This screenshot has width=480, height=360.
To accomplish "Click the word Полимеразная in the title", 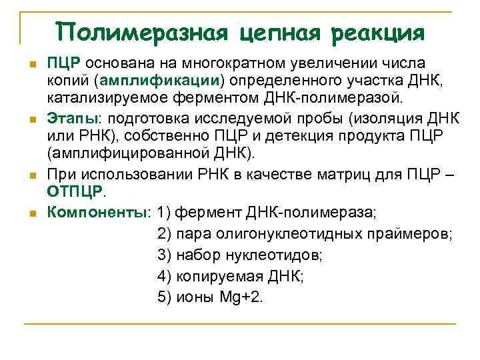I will click(x=137, y=31).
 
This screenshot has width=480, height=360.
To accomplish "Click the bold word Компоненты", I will click(x=97, y=213).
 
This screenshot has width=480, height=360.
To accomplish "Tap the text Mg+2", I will click(x=241, y=297).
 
